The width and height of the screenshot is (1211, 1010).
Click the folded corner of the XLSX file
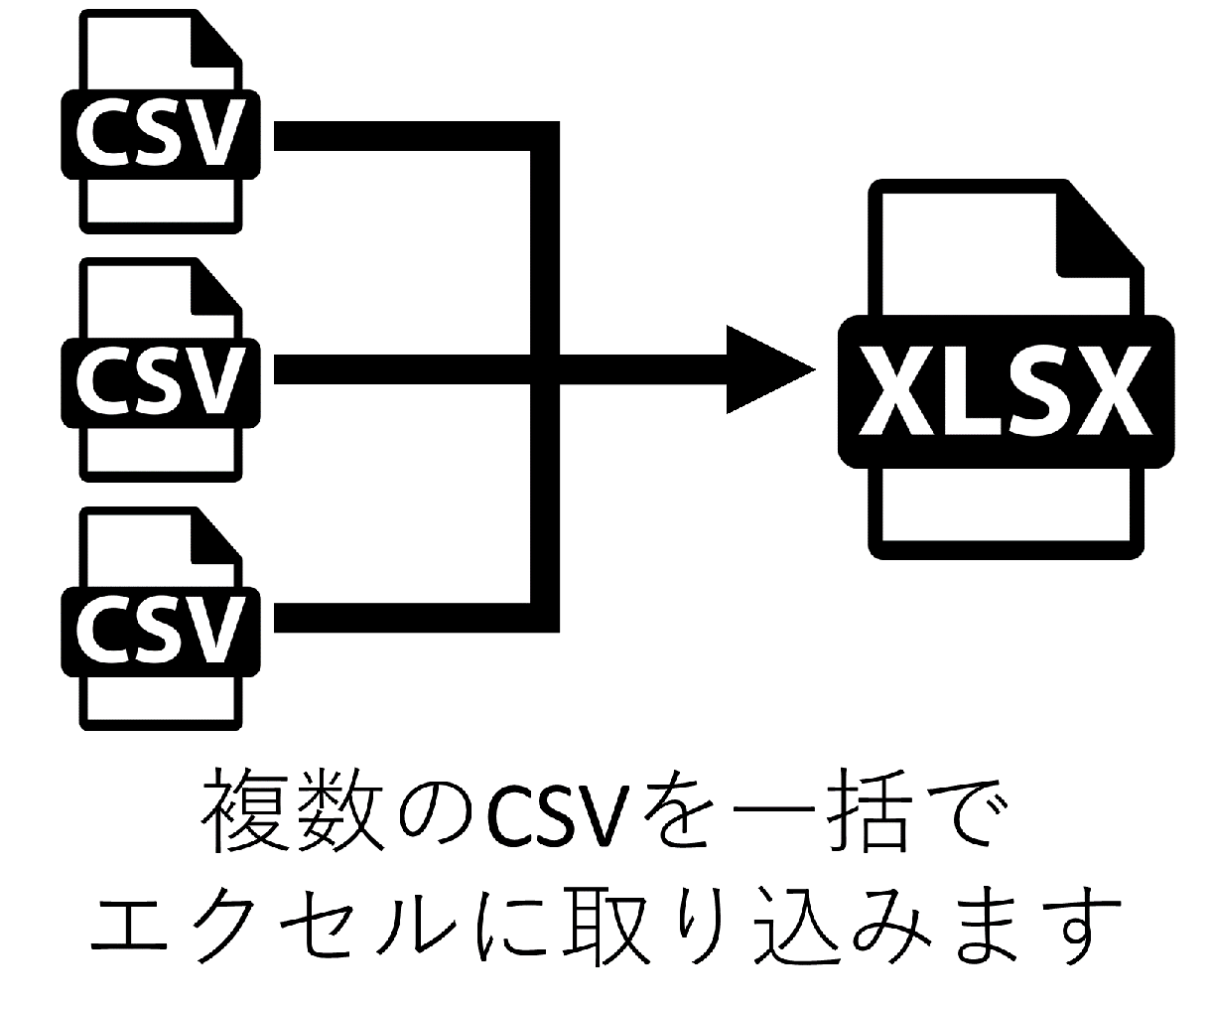1097,228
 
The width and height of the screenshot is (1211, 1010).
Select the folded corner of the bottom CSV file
214,541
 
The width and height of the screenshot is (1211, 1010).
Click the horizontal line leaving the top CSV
397,137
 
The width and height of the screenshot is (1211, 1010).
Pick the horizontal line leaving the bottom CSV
397,619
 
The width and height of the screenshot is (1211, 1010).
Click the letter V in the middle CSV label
215,382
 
